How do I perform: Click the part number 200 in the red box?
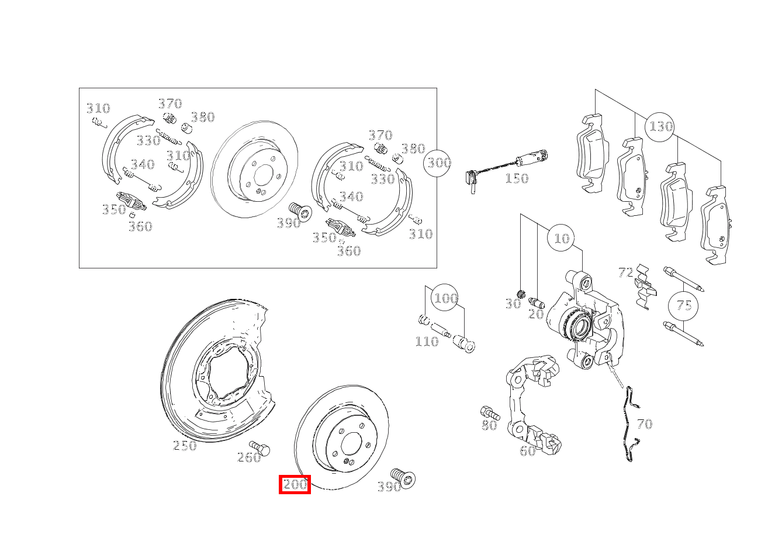click(x=295, y=485)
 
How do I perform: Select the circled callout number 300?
click(x=438, y=163)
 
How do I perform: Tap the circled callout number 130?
click(x=660, y=126)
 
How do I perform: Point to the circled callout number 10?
click(x=562, y=239)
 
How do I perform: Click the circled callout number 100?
click(x=445, y=298)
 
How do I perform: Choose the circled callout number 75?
click(x=684, y=305)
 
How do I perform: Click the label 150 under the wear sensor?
click(x=517, y=178)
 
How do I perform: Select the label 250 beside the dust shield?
click(x=185, y=446)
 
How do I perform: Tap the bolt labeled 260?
click(x=260, y=448)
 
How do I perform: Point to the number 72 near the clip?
click(x=625, y=272)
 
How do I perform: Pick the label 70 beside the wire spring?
click(x=644, y=424)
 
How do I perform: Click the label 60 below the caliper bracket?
click(x=527, y=451)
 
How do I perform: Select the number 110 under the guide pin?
click(x=427, y=342)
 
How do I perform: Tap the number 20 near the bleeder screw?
click(x=536, y=314)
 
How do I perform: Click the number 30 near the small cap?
click(x=513, y=304)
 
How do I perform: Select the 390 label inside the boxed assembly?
click(x=288, y=223)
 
